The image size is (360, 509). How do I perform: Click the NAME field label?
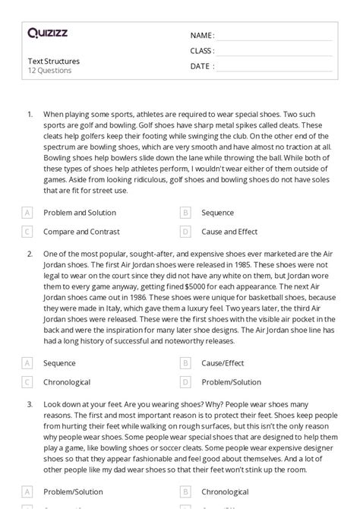pos(202,36)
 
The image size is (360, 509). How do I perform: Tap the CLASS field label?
pos(202,51)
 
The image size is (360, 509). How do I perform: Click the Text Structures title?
pos(53,61)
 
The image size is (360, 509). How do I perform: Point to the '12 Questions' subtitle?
pos(49,71)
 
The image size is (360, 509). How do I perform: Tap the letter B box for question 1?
pos(185,213)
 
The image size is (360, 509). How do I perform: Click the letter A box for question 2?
pos(27,363)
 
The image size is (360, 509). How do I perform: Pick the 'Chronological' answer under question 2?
pos(67,382)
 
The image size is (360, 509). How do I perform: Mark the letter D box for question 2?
pos(185,382)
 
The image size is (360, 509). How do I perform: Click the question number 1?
pos(30,114)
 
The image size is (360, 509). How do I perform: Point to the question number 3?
pos(30,406)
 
